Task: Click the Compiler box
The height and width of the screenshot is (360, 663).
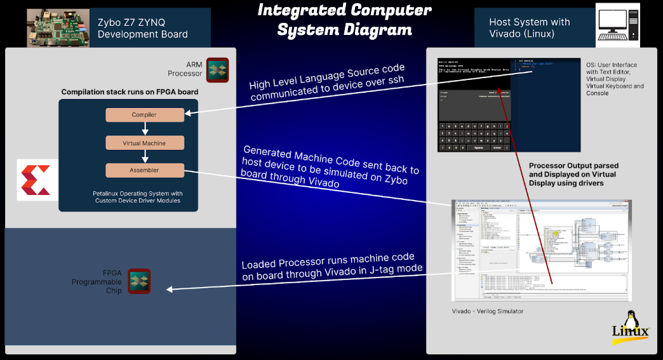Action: coord(144,115)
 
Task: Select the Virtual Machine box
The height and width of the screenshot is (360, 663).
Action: coord(144,143)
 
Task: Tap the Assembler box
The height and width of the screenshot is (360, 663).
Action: coord(144,170)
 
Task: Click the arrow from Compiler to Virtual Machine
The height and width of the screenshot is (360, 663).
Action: coord(145,129)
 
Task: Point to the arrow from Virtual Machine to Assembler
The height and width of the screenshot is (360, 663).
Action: coord(145,157)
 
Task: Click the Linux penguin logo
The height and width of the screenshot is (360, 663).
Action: coord(630,326)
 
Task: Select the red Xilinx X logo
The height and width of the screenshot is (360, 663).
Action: coord(37,180)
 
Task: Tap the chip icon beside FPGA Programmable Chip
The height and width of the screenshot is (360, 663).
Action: coord(139,281)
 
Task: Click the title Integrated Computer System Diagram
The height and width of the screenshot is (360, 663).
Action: coord(345,20)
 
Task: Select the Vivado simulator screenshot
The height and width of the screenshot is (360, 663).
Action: coord(541,250)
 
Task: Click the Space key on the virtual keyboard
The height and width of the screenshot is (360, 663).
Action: coord(478,147)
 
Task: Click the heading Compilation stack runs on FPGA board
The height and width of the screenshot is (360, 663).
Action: coord(130,92)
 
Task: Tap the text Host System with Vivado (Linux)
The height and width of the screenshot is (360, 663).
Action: coord(529,28)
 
